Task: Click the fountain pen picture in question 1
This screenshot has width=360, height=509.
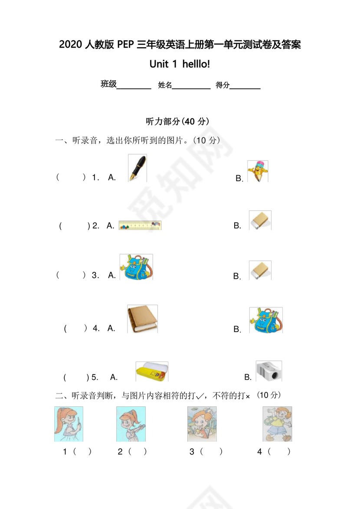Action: pos(137,168)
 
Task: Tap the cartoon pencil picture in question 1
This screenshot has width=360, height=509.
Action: pos(258,171)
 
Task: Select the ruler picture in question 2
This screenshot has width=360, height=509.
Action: pos(140,225)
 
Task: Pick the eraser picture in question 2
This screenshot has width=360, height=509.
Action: pos(260,220)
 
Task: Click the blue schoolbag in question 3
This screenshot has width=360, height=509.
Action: pos(136,267)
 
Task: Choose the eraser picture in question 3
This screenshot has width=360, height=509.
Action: pos(260,270)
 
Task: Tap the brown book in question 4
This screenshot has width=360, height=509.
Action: pos(142,319)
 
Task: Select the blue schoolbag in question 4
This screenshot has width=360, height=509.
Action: pos(266,320)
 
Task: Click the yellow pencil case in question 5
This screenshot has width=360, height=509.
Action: pos(152,372)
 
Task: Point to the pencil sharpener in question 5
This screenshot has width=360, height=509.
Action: pos(269,371)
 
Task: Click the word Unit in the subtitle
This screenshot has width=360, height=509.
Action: pos(159,64)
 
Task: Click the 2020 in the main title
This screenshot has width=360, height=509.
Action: pos(69,45)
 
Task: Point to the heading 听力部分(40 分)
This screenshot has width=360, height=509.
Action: pos(180,121)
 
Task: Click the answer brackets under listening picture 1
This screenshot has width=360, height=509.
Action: pos(82,452)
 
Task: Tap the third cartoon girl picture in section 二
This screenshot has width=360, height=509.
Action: pos(202,424)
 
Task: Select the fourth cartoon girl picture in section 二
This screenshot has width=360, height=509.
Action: pos(277,424)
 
